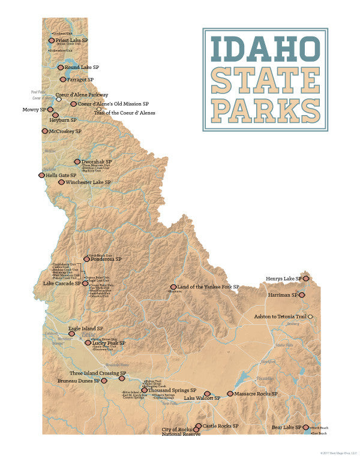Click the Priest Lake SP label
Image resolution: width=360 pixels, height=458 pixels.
72,40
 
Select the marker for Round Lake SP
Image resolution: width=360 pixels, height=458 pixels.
61,68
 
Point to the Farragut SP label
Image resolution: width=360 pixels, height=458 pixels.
80,79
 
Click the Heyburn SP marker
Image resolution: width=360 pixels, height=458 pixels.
55,115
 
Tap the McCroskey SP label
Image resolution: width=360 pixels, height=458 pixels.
65,131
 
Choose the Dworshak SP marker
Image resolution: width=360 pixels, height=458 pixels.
77,162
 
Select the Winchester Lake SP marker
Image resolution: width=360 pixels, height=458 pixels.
61,182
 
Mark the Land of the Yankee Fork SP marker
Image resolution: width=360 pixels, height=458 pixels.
173,288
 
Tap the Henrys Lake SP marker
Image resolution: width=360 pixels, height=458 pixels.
305,279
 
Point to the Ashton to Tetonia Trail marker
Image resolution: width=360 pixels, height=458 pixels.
311,317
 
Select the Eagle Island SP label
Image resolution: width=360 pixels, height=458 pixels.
85,329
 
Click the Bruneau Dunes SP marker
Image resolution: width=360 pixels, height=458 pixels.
103,381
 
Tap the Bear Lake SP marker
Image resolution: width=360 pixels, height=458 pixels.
306,427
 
